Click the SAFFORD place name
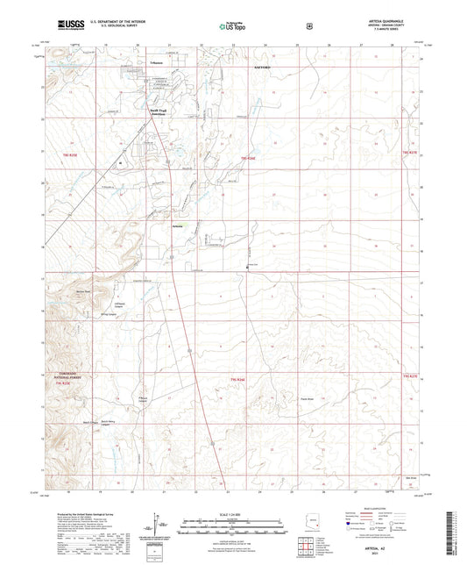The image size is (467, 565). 265,66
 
